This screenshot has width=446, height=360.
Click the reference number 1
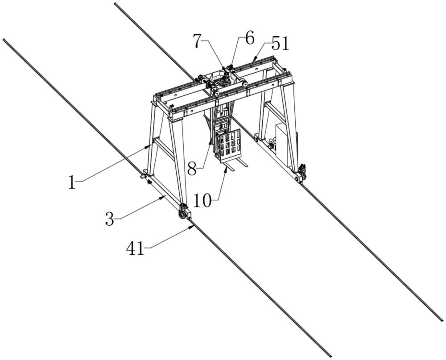(x=72, y=182)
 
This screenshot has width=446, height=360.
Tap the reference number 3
(x=110, y=219)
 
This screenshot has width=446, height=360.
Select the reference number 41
(x=135, y=248)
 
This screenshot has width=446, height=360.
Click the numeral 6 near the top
(x=249, y=38)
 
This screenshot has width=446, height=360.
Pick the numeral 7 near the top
(x=198, y=41)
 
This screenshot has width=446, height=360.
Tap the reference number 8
(x=192, y=169)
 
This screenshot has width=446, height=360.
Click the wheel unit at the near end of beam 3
(x=182, y=212)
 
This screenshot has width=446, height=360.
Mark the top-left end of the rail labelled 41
(x=4, y=40)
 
